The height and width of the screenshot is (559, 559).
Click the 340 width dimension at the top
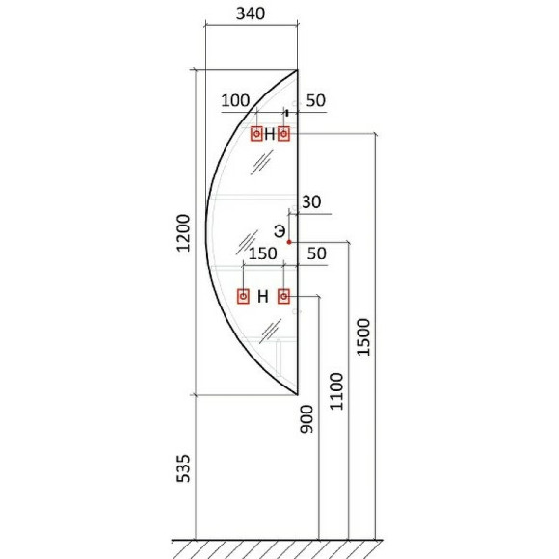[x=251, y=13]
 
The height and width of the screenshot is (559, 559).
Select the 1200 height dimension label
[x=183, y=233]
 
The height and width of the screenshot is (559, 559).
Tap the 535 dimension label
[x=183, y=468]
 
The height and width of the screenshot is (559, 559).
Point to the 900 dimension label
[x=306, y=419]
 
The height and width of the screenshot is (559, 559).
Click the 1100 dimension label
[x=336, y=391]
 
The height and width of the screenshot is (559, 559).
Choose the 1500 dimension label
[x=364, y=337]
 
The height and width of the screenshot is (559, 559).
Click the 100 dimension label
[x=235, y=100]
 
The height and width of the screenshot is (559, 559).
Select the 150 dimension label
[x=263, y=253]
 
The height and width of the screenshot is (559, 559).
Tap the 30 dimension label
[x=311, y=202]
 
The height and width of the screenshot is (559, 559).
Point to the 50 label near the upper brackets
[x=316, y=100]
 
